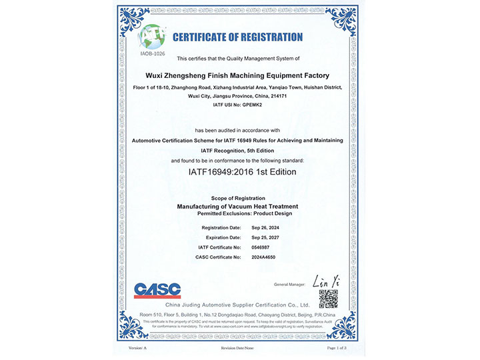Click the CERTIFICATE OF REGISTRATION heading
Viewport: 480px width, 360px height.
[x=237, y=37]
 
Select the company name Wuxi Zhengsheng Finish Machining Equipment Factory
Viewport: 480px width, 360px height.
[x=237, y=75]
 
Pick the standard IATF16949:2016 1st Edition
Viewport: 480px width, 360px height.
[x=238, y=171]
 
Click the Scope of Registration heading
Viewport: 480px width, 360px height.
[x=237, y=199]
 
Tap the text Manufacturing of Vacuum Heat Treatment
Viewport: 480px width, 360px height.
[x=237, y=207]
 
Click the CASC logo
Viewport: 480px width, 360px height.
[x=157, y=290]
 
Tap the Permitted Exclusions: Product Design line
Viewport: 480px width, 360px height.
[x=237, y=214]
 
